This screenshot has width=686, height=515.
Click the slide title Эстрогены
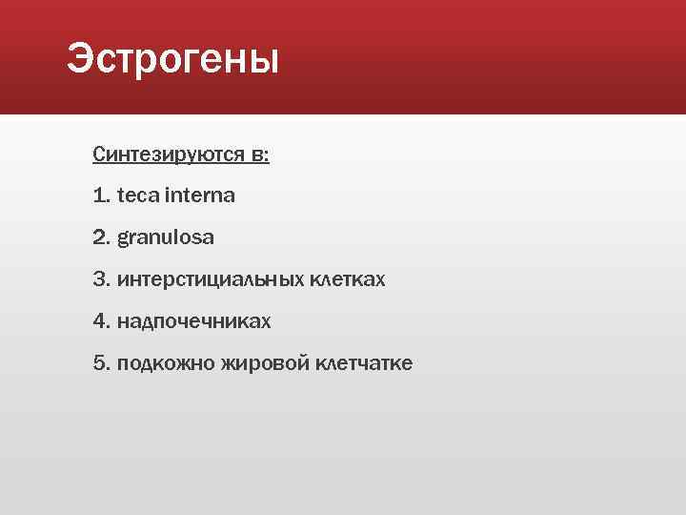tap(173, 61)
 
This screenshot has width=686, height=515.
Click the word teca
tap(138, 196)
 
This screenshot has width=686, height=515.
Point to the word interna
tap(200, 196)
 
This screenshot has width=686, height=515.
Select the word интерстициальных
tap(212, 279)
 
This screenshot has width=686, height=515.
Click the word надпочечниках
tap(194, 322)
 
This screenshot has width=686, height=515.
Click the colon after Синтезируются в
tap(267, 156)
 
